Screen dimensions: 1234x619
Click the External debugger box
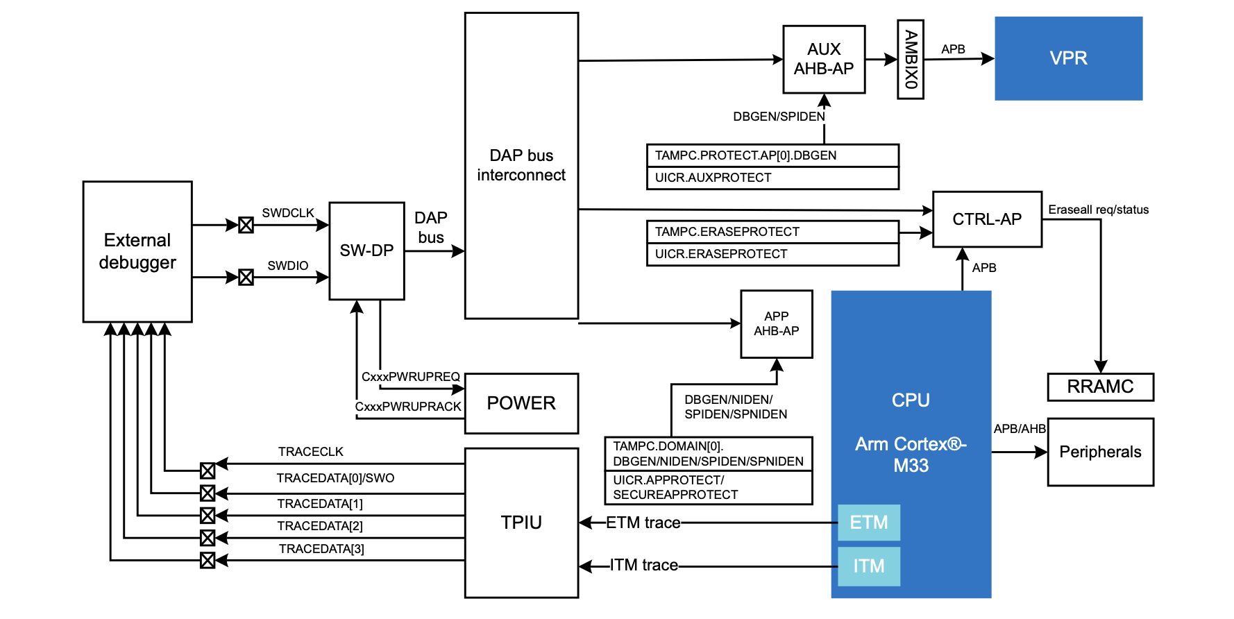point(137,252)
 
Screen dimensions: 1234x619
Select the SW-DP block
point(366,251)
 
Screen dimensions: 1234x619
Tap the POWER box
point(521,403)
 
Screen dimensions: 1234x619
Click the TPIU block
point(521,523)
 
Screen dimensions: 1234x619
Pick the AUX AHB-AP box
point(824,59)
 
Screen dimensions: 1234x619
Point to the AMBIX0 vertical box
point(911,59)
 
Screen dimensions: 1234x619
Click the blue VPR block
point(1069,58)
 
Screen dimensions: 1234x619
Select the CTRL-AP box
point(987,219)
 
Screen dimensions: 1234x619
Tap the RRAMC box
point(1101,387)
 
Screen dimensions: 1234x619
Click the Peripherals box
point(1101,452)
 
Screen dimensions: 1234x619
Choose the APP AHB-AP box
point(777,324)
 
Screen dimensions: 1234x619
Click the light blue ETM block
point(869,523)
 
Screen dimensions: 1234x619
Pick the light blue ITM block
point(869,566)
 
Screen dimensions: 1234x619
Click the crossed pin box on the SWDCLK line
point(246,225)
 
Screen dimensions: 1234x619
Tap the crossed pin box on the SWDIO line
point(246,278)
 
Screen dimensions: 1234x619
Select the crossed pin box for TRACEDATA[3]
point(208,560)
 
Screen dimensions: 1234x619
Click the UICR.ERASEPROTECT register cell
point(772,255)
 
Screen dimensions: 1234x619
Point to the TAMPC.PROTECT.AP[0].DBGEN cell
point(772,155)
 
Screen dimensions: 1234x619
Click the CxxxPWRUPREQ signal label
point(411,377)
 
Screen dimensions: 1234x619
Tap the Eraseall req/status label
point(1099,210)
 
